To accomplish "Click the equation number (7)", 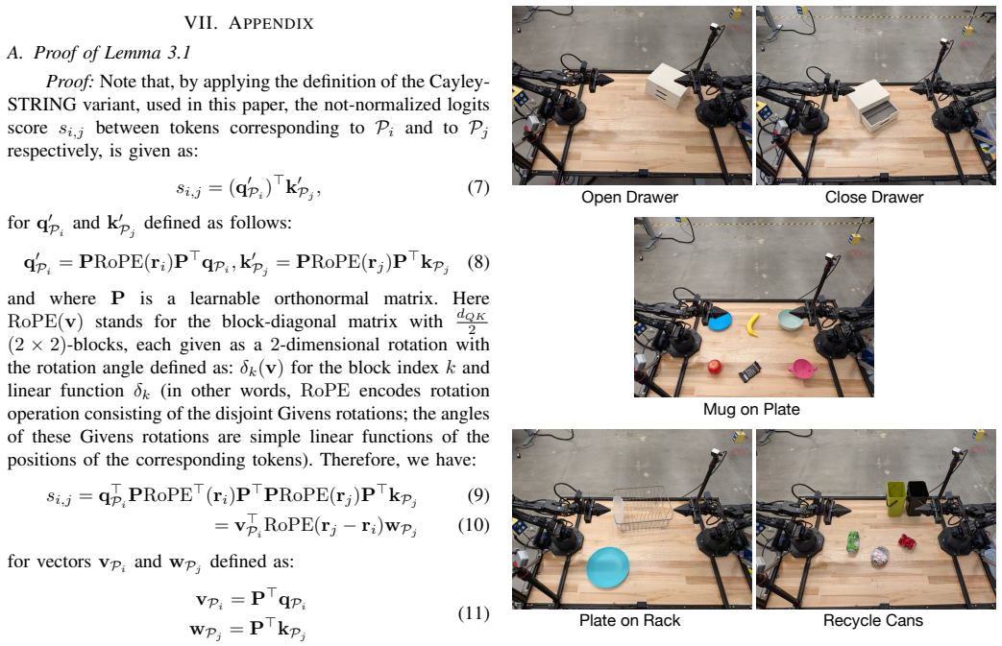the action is point(478,187).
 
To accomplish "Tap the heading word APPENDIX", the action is point(271,24).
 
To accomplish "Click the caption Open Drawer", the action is point(629,197).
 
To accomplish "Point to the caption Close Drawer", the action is point(873,197).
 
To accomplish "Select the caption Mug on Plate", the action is point(751,409).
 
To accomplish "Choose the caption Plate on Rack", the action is point(629,620).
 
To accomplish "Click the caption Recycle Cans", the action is point(873,620).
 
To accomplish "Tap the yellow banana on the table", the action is point(754,323).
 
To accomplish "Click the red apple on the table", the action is point(715,367).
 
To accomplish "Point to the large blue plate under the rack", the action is point(608,567).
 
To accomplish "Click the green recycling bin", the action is point(897,498).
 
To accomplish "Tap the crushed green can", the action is point(852,542).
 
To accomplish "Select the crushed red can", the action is point(908,540).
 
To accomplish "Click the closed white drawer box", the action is point(668,86).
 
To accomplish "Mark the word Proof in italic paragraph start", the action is point(70,82).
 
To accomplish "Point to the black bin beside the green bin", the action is point(918,497).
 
